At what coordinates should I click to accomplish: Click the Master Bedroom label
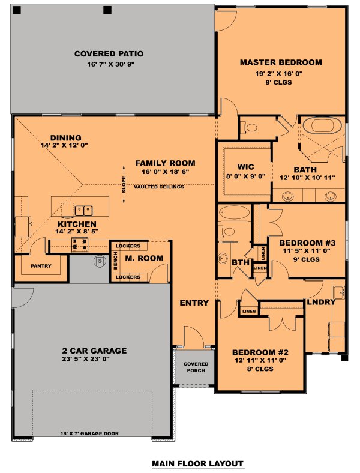[281, 62]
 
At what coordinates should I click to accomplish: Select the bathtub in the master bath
[322, 127]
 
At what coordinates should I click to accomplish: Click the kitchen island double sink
[83, 209]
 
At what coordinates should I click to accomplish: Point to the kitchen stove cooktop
[80, 244]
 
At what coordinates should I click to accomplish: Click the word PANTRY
[41, 266]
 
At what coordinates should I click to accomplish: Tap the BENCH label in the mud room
[116, 261]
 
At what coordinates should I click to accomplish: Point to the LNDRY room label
[320, 302]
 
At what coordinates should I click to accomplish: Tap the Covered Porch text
[196, 367]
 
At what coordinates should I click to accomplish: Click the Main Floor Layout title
[197, 463]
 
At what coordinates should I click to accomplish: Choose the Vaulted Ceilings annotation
[159, 187]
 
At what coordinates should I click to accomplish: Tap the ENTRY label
[194, 303]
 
